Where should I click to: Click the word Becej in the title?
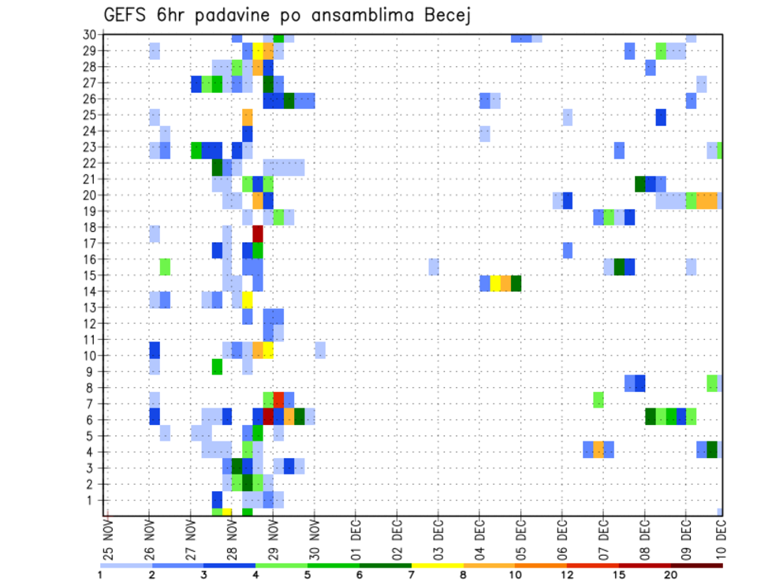pos(442,15)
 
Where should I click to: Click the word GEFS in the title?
pos(129,15)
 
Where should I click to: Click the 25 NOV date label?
pos(108,536)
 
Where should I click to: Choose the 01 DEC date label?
pos(356,536)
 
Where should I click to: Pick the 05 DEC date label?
pos(520,536)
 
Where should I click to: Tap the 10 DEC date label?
pos(721,536)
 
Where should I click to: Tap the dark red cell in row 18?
pos(258,234)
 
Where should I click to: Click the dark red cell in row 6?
pos(268,415)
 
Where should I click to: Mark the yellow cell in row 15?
pos(495,283)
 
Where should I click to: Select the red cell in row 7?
pos(278,400)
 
